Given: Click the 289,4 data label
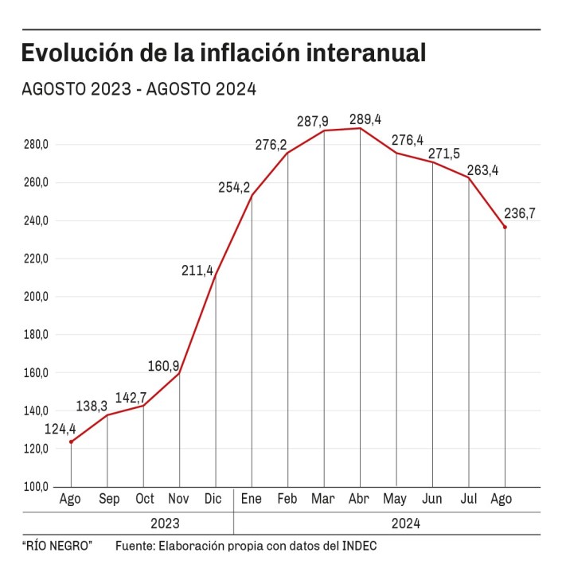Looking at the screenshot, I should [365, 119].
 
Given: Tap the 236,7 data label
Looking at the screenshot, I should [520, 213].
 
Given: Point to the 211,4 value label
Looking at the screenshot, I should [197, 271].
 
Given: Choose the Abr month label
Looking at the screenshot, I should [360, 500].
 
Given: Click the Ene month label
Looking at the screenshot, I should [252, 500].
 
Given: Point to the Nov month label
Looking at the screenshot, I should [180, 500].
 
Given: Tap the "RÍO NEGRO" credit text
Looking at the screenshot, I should [57, 546].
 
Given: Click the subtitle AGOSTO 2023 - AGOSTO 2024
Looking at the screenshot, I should [139, 89].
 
